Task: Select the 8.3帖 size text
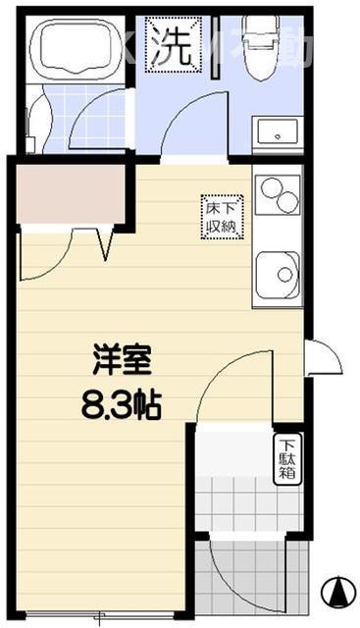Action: point(122,402)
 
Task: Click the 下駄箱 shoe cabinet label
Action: point(285,457)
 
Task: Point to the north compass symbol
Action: point(336,591)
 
